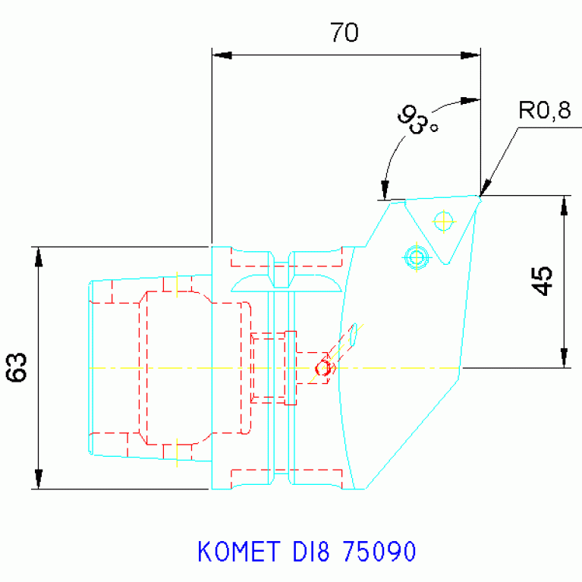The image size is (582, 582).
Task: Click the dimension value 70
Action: [344, 33]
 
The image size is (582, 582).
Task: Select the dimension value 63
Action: [18, 367]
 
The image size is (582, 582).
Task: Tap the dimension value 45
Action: [543, 281]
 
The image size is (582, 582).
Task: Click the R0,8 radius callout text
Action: [544, 112]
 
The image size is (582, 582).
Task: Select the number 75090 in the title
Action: [379, 552]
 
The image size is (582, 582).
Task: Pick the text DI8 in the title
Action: [308, 552]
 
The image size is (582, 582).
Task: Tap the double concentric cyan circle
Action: [416, 256]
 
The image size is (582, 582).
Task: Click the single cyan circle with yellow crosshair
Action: [443, 221]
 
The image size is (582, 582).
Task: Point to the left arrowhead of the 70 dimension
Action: [221, 55]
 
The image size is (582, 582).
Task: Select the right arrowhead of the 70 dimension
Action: [471, 55]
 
